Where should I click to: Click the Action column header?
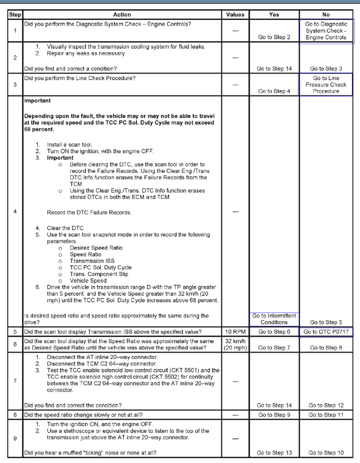(122, 14)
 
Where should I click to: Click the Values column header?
(235, 14)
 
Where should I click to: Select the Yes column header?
(274, 14)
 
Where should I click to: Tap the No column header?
(325, 14)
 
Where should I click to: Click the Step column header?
(15, 14)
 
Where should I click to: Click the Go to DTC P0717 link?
(325, 331)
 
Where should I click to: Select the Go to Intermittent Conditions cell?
(274, 319)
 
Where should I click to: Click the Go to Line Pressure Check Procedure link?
(325, 84)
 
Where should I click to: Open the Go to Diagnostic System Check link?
(325, 31)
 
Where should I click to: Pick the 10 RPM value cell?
(235, 331)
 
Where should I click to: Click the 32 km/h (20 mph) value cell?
(235, 344)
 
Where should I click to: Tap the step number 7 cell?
(15, 381)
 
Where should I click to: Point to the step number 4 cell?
(15, 211)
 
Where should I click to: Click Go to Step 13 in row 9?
(274, 453)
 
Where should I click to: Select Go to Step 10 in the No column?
(325, 453)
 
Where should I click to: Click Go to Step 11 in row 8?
(325, 414)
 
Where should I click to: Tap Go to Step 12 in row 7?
(325, 405)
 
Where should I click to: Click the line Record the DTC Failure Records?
(89, 212)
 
